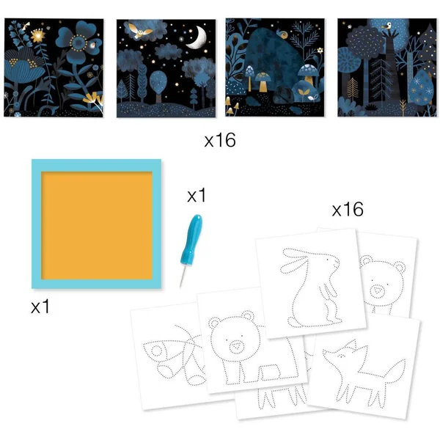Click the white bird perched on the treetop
387,26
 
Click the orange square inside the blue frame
97,225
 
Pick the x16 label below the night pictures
220,140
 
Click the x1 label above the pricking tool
197,195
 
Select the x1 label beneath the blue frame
40,306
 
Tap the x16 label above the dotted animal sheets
348,209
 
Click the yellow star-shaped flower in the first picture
38,36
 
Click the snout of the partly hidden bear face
377,290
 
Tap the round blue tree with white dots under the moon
158,83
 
